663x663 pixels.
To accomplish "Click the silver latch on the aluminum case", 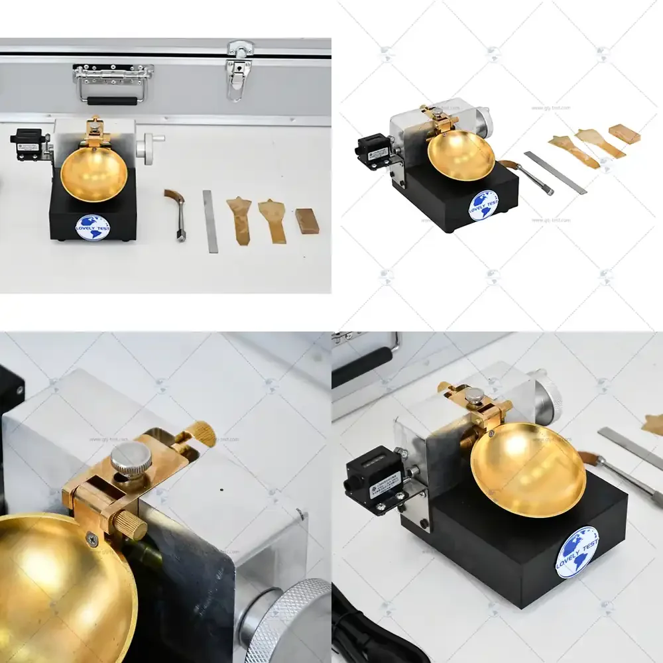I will point(239,70).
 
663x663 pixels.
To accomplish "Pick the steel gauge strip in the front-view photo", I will point(210,221).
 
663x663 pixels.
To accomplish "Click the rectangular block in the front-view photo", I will point(307,221).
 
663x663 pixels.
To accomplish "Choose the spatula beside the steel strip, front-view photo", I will point(239,219).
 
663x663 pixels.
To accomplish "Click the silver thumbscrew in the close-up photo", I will point(125,459).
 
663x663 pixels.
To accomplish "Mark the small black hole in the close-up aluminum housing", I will point(221,492).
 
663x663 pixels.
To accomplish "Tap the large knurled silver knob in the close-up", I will point(292,620).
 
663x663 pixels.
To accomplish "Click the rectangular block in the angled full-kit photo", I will point(625,134).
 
